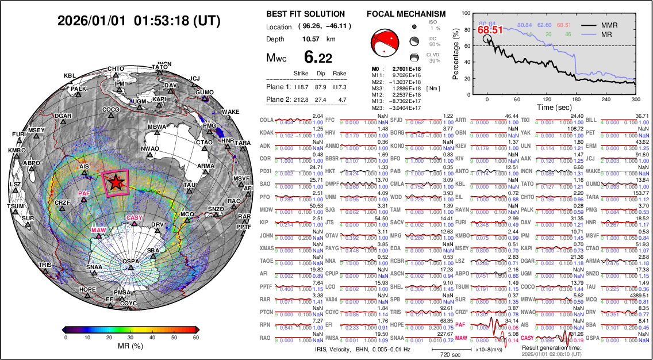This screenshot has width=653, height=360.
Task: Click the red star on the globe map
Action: click(116, 182)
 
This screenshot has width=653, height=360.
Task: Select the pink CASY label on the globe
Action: click(134, 217)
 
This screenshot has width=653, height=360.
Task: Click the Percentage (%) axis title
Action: click(456, 51)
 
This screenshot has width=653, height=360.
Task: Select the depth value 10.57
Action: click(312, 39)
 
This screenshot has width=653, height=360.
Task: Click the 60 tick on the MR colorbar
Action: click(196, 338)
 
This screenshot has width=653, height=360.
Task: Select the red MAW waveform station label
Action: click(461, 338)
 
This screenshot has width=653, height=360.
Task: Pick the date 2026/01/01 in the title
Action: click(91, 21)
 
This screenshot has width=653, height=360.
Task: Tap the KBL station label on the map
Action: click(70, 76)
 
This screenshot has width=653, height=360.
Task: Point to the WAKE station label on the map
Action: click(231, 112)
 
